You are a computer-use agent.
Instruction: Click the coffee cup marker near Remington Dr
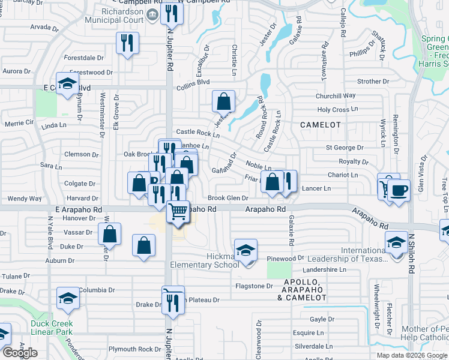[399, 191]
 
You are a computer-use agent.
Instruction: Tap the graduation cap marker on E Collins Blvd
[67, 84]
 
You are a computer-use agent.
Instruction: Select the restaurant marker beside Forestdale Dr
[127, 43]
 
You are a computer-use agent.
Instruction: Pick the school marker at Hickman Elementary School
[246, 251]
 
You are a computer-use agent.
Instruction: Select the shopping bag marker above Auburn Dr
[143, 246]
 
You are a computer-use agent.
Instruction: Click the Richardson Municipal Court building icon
[152, 13]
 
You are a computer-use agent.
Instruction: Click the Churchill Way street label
[336, 95]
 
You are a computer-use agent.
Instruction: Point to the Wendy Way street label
[25, 198]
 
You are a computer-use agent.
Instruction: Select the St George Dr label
[345, 147]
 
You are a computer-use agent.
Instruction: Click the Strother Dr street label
[373, 81]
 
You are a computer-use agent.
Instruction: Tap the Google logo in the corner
[20, 353]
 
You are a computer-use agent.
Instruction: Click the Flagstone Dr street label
[255, 286]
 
